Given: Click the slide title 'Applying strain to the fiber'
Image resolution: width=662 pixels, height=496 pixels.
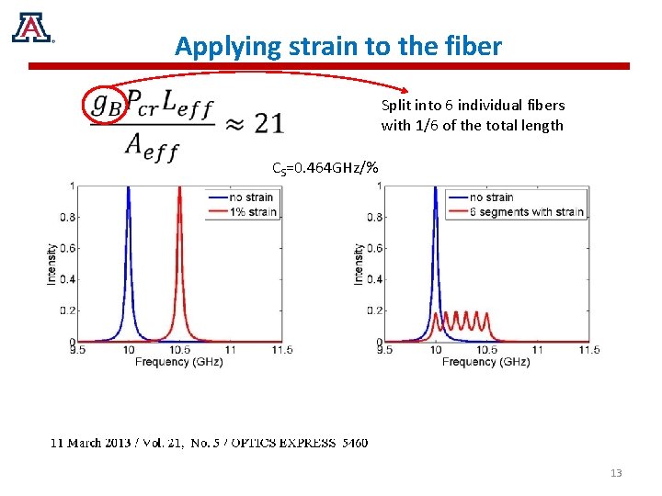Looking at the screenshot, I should tap(338, 46).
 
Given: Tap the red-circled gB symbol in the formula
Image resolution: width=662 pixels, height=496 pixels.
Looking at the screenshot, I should tap(105, 103).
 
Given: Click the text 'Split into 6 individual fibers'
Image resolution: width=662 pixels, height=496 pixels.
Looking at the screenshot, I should tap(473, 106).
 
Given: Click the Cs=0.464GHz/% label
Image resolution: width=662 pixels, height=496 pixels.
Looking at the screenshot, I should tap(325, 167).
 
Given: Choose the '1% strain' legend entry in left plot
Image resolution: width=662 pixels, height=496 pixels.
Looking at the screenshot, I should tap(251, 211).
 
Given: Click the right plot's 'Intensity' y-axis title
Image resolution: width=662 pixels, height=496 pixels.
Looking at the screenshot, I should tap(360, 264).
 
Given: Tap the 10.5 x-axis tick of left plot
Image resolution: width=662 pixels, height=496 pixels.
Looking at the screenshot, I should tap(179, 350).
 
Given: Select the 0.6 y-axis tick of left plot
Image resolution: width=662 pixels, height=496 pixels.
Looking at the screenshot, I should tap(67, 248).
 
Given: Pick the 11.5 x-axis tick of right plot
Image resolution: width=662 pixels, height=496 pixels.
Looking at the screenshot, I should tap(588, 350).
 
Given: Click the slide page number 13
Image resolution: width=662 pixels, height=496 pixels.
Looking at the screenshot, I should tap(616, 473).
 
